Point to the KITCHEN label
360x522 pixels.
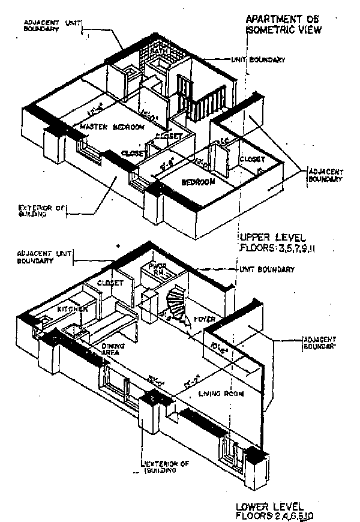[x=73, y=308]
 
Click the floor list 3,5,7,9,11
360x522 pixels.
[x=292, y=247]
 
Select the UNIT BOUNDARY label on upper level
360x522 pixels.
[x=257, y=60]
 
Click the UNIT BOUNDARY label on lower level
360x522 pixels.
[x=266, y=269]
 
